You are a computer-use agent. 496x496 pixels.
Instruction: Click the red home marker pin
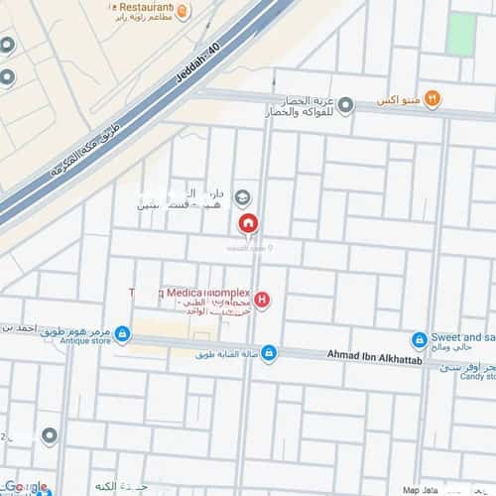(x=248, y=224)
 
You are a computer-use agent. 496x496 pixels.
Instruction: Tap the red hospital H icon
(x=262, y=299)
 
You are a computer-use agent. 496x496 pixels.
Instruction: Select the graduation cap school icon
(x=242, y=197)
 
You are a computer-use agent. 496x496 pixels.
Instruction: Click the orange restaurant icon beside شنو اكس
(x=430, y=100)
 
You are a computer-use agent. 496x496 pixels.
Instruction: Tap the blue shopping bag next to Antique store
(x=122, y=333)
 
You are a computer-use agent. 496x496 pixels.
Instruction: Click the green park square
(x=460, y=33)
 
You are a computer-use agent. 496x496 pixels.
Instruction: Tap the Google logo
(x=25, y=487)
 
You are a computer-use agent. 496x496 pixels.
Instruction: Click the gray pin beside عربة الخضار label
(x=348, y=103)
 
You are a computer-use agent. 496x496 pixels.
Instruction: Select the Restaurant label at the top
(x=140, y=9)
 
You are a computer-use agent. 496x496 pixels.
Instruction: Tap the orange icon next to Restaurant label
(x=184, y=10)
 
